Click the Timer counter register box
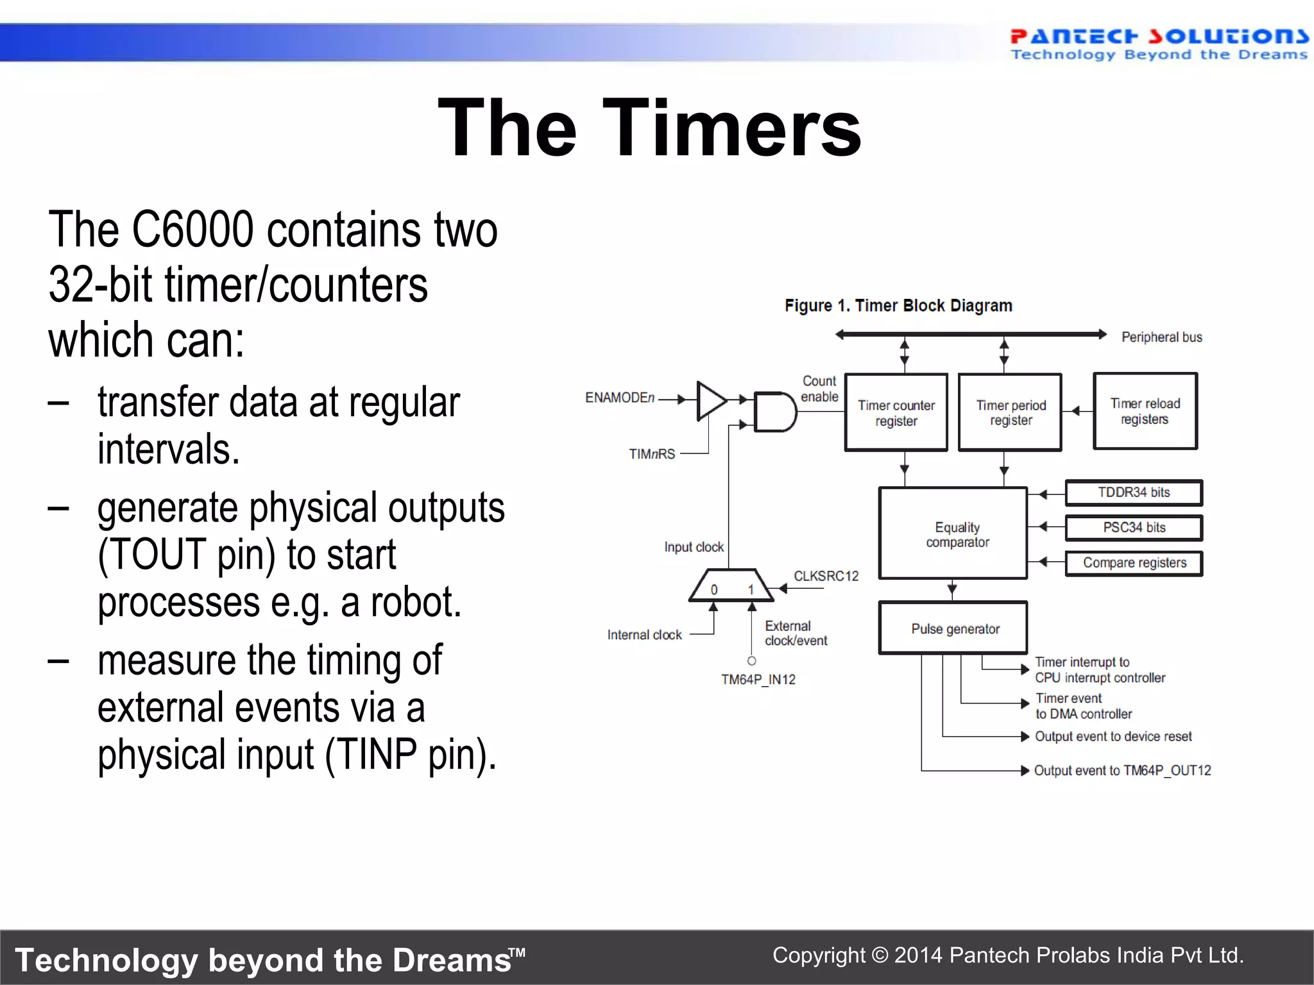896,412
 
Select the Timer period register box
1010,412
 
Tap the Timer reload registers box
1145,411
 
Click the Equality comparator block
953,534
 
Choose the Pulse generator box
953,628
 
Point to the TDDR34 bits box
1134,492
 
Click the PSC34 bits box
1134,528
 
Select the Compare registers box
1134,563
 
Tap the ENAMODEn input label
619,398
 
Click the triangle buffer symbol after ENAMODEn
710,401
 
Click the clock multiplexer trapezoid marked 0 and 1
731,585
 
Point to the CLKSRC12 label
826,576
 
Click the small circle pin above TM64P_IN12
752,661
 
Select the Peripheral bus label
1161,337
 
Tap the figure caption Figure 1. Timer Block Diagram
898,306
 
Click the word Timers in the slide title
731,128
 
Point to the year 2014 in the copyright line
918,956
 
